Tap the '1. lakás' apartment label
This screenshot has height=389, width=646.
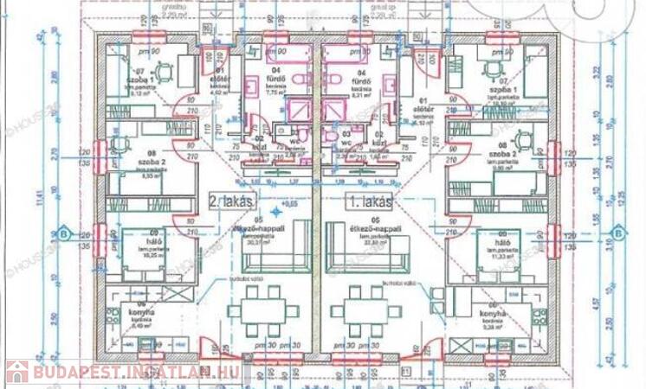(x=371, y=202)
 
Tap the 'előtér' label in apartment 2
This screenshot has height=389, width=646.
(x=220, y=79)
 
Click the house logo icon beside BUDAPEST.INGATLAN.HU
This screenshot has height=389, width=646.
(x=17, y=373)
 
